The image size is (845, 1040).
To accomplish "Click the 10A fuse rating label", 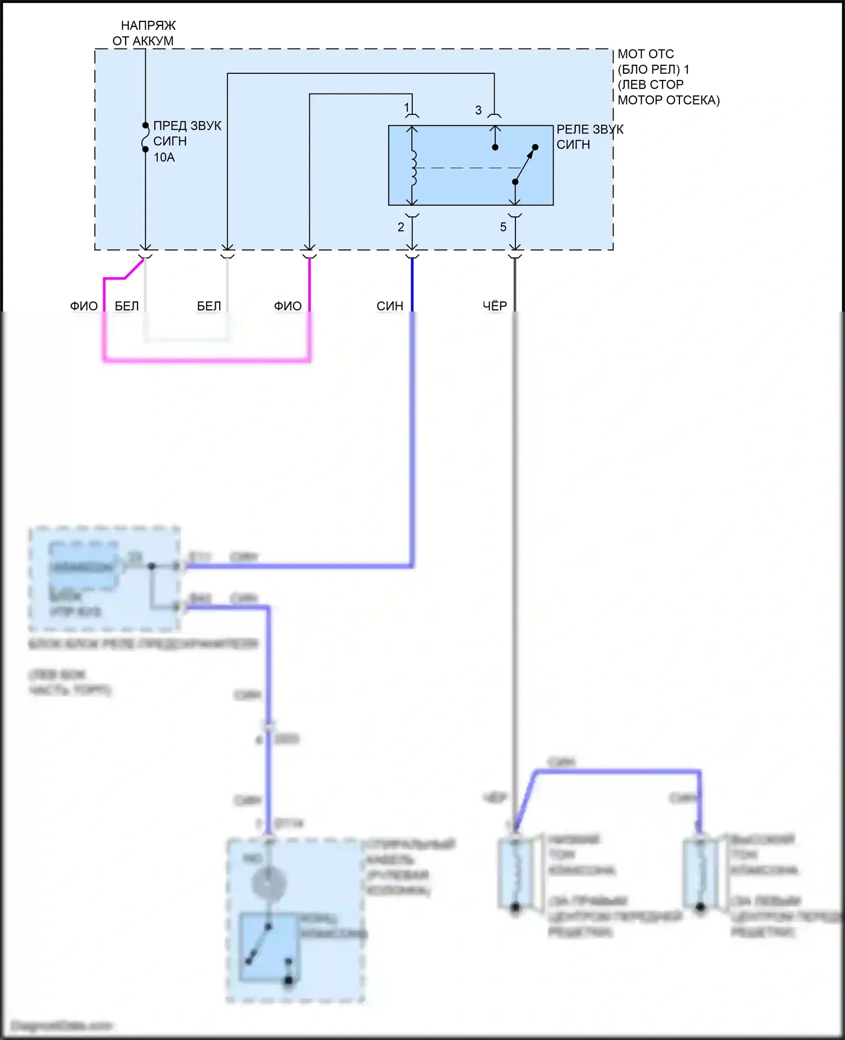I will pos(164,157).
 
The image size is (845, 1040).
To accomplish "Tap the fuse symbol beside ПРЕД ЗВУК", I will pos(145,137).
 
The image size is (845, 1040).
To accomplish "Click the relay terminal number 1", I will pos(407,107).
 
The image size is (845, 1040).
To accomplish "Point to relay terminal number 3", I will pos(478,110).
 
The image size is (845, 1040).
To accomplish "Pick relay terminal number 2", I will pos(401,227).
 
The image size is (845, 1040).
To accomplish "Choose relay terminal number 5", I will pos(503,227).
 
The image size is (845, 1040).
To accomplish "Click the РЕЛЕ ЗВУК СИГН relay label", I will pos(589,137).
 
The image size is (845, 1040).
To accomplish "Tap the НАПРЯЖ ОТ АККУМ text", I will pos(145,33).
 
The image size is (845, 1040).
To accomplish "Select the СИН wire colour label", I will pos(390,306).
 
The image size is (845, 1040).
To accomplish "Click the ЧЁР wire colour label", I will pos(495,306).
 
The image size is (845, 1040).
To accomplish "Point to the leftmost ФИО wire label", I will pos(83,306).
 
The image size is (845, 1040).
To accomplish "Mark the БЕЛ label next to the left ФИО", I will pos(127,306).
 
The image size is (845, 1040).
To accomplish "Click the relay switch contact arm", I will pos(524,165).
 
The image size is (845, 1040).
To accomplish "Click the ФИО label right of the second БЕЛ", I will pos(287,306).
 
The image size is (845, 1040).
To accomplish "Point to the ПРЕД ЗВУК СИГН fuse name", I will pos(187,134).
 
